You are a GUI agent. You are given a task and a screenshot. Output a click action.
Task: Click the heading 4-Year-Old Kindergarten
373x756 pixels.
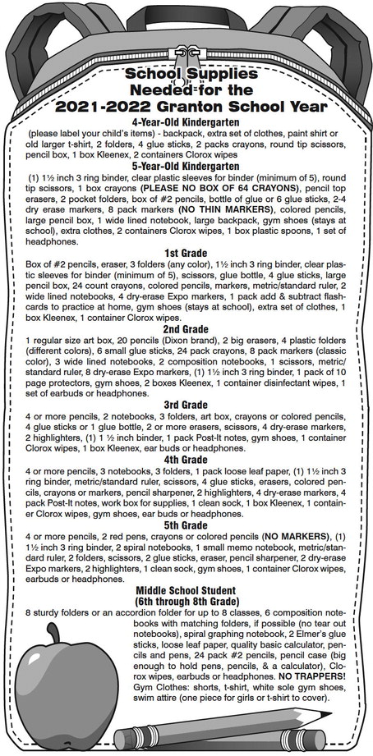coord(186,121)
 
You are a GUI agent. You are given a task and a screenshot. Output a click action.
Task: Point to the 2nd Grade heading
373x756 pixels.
coord(186,328)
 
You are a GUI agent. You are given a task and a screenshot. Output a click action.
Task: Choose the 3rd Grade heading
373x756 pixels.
coord(186,405)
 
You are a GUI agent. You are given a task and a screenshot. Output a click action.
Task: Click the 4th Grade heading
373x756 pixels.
coord(186,460)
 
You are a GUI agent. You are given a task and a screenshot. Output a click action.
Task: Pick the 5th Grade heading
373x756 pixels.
coord(186,525)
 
